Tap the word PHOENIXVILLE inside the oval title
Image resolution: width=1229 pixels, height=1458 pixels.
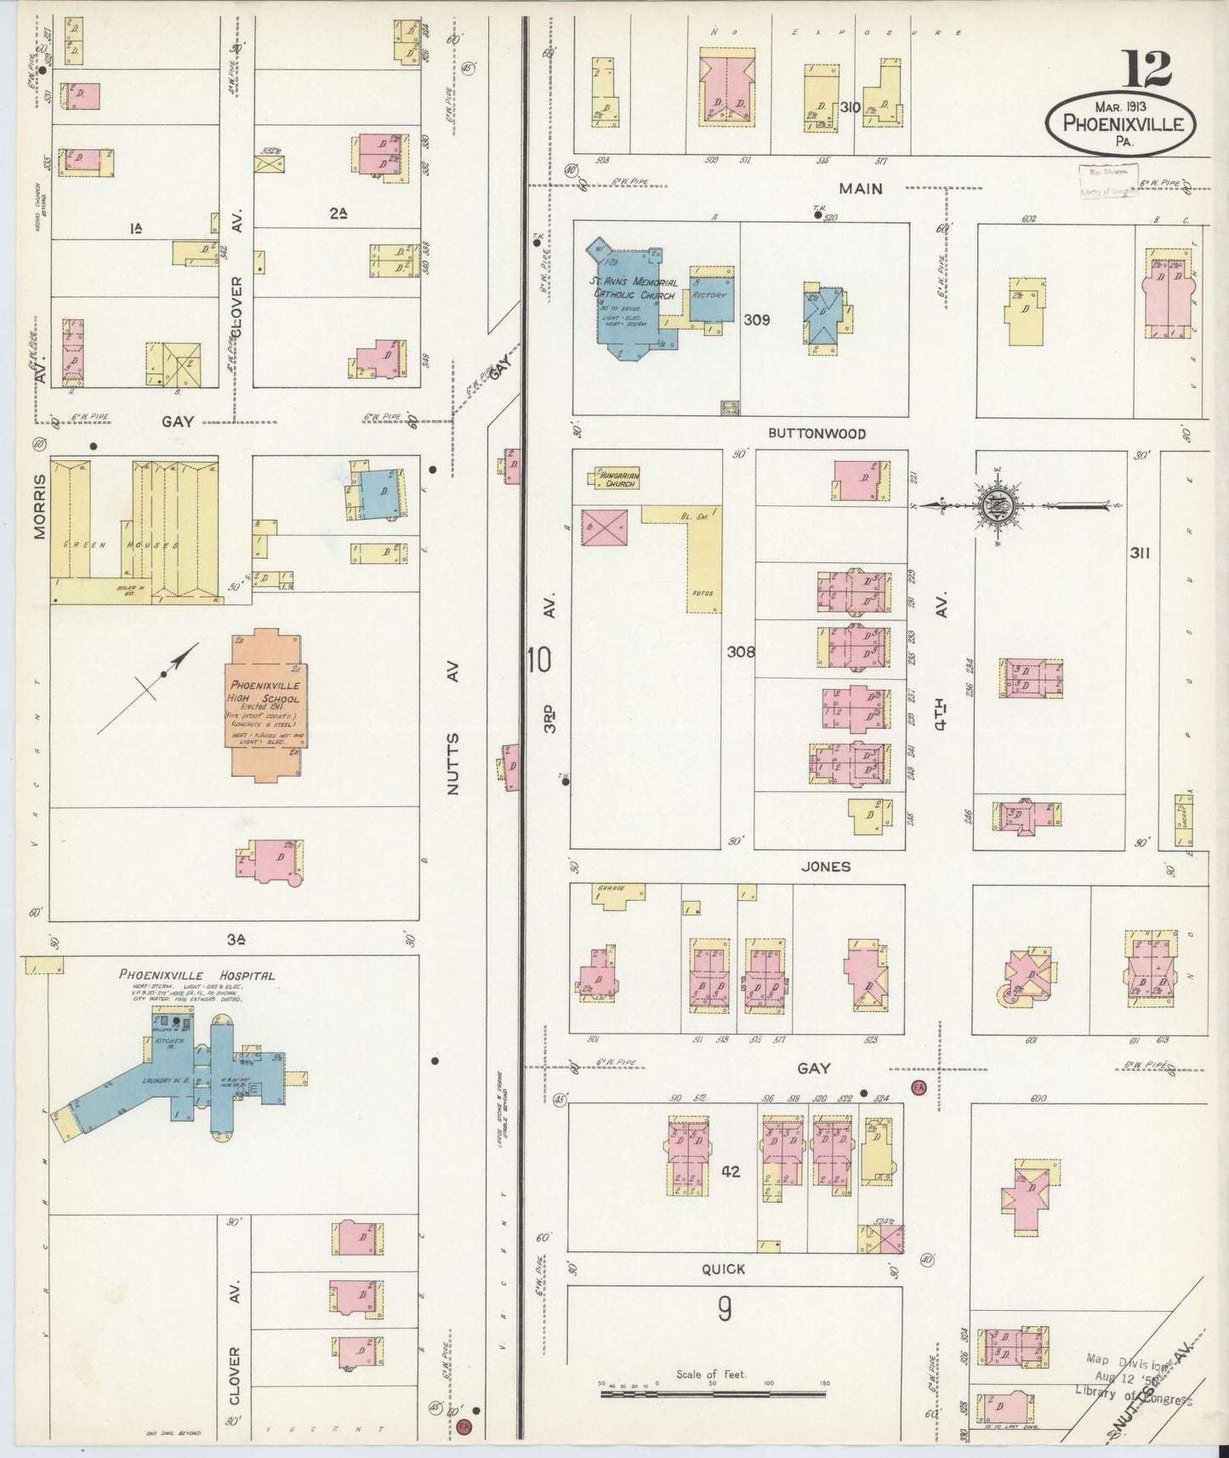[1123, 124]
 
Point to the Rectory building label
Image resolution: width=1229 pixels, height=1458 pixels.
[709, 295]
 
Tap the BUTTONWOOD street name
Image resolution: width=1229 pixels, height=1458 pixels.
[816, 433]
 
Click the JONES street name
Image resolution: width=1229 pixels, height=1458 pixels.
[826, 866]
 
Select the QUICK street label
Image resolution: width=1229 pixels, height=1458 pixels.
[724, 1268]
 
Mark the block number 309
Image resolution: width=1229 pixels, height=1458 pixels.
[756, 320]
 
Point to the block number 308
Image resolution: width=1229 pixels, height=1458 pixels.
[741, 652]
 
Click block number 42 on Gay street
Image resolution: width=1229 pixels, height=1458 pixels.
[730, 1171]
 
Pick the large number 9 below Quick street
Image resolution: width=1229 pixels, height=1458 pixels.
[724, 1309]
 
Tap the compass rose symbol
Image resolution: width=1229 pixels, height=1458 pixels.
[997, 506]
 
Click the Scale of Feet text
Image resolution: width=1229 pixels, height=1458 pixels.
[711, 1374]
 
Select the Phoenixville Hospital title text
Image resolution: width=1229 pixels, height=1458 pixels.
[196, 975]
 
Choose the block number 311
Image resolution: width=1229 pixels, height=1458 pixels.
[1140, 553]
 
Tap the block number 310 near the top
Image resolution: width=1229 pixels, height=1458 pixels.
[849, 107]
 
